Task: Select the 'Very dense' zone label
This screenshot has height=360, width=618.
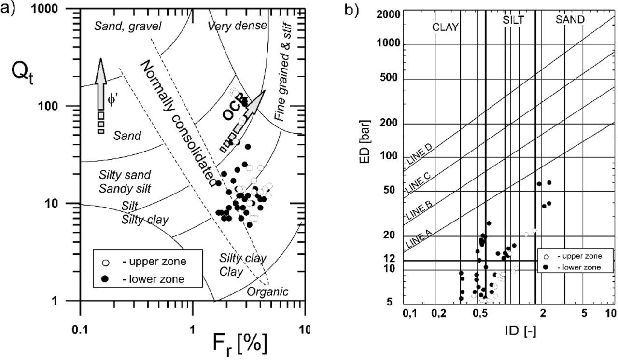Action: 237,25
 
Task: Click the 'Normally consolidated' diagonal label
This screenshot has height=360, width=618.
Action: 178,124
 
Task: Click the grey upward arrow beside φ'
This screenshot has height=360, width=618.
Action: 100,84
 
